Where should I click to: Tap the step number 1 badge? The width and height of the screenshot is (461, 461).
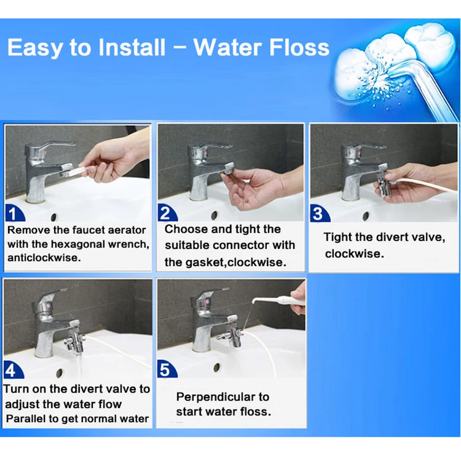click(15, 214)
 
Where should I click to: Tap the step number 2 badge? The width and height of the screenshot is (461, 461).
click(167, 213)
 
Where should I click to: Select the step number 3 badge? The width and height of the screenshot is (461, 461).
click(319, 214)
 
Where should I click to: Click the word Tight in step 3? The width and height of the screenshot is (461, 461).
click(337, 237)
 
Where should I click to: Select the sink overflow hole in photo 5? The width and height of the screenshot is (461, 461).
click(217, 367)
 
